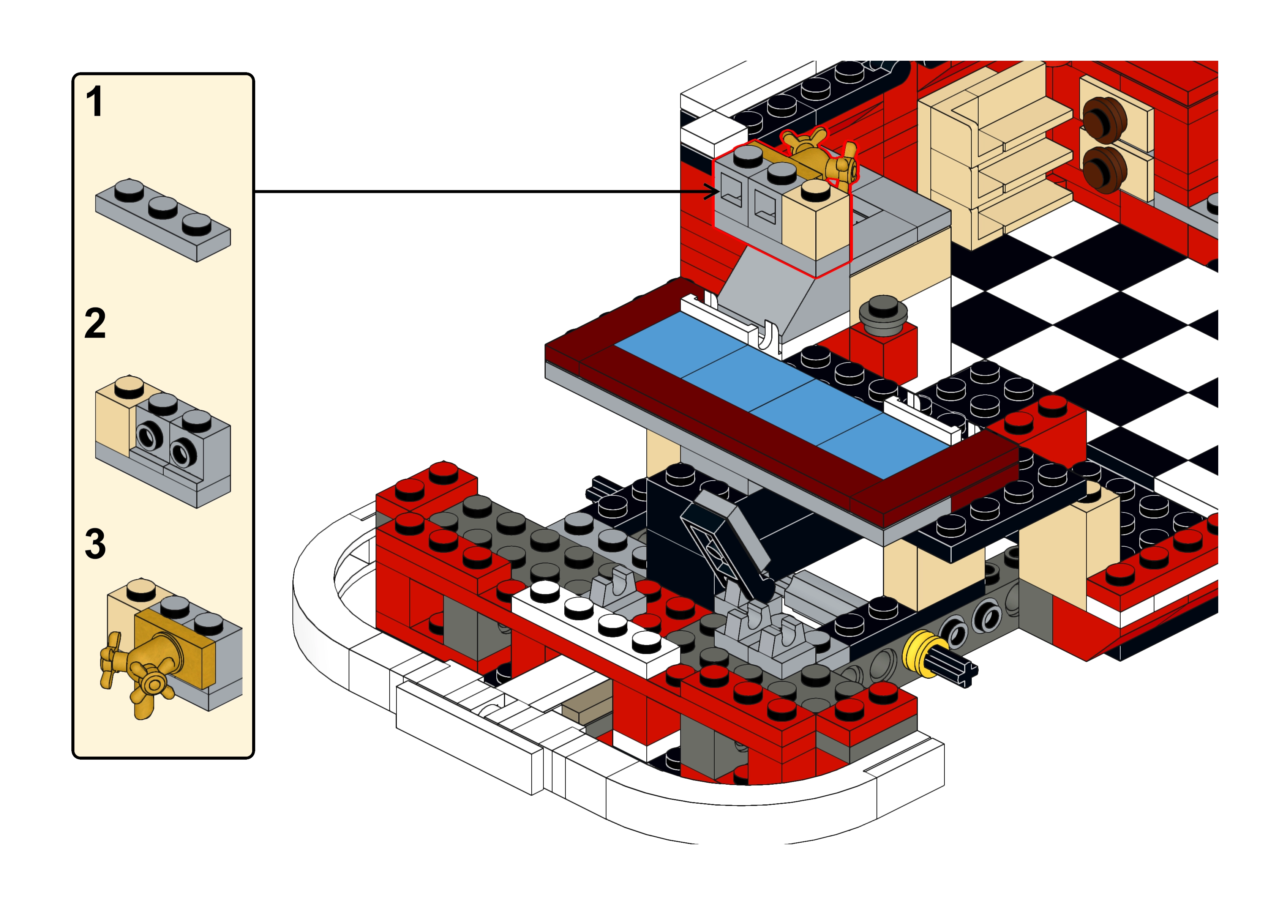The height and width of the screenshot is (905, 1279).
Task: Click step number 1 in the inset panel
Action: (x=95, y=102)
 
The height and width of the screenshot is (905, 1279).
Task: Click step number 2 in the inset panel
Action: (x=95, y=323)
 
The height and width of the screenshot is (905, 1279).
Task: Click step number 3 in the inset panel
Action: (x=95, y=544)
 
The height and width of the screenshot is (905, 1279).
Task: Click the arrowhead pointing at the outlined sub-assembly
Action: (x=713, y=192)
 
